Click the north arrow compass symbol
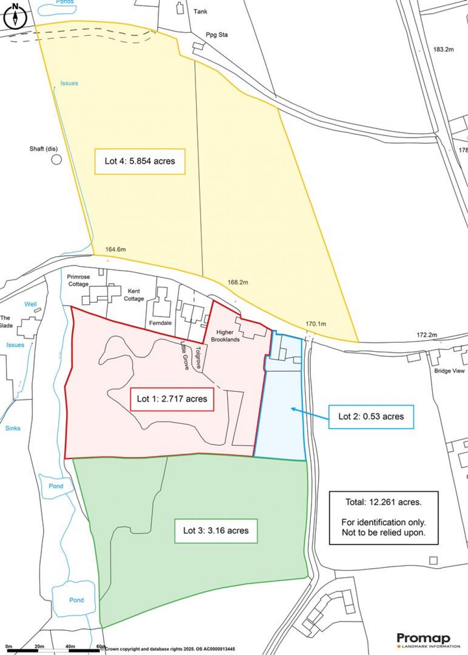click(16, 16)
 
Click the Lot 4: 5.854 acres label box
click(140, 161)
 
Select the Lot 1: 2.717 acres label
click(172, 399)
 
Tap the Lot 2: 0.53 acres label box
click(371, 417)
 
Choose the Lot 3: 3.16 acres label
click(216, 531)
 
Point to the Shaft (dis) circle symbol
click(56, 159)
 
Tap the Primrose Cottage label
click(79, 280)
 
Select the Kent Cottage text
click(134, 295)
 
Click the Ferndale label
click(160, 323)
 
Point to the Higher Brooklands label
click(225, 336)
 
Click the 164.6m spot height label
click(115, 249)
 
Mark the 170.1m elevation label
click(316, 324)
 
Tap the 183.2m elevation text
click(443, 49)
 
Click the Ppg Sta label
click(217, 35)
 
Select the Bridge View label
click(449, 371)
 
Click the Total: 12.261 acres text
click(383, 502)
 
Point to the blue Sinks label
click(13, 428)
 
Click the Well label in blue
click(31, 304)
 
